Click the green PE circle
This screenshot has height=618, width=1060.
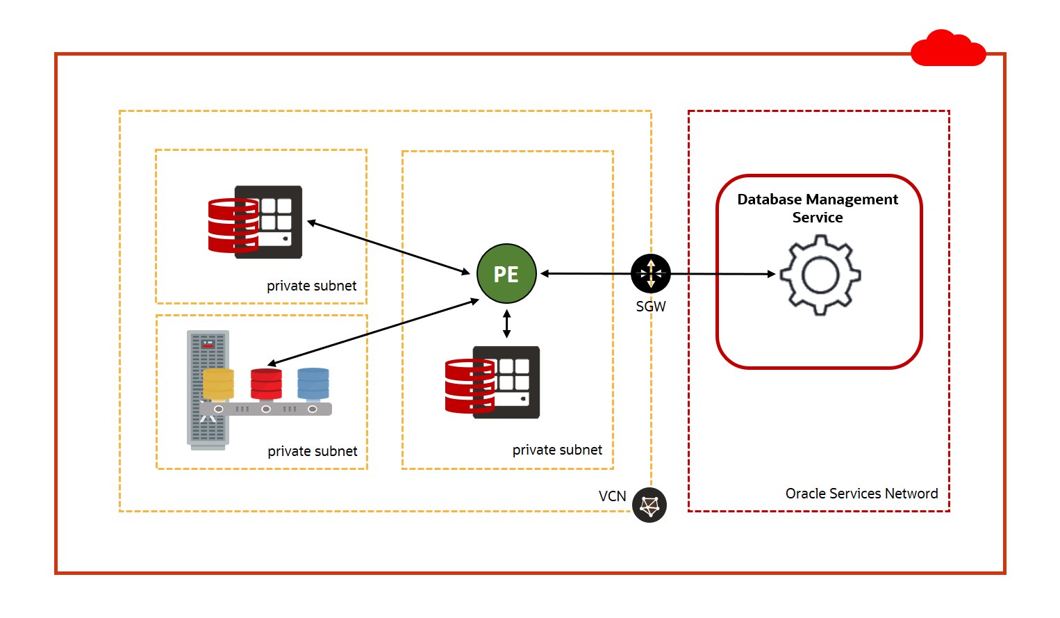point(506,274)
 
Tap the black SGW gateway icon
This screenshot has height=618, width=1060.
point(651,273)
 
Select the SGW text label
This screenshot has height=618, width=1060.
point(651,307)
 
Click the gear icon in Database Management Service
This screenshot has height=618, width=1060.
point(820,275)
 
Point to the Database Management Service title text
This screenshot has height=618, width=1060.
point(818,208)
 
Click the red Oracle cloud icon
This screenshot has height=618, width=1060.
point(947,49)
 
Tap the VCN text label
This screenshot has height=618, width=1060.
point(612,496)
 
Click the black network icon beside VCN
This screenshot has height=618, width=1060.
point(649,505)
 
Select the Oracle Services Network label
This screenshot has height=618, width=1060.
point(861,494)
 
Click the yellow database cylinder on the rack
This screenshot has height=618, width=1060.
point(218,384)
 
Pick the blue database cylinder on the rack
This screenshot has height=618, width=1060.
point(313,384)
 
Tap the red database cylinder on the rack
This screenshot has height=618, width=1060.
point(266,384)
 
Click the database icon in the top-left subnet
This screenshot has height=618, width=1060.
point(256,222)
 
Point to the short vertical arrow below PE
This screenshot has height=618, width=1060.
point(506,324)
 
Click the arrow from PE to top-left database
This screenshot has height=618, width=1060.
point(389,247)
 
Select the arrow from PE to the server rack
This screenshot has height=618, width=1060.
point(374,332)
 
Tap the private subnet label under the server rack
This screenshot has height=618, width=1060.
point(313,451)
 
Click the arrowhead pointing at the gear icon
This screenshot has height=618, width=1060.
point(770,274)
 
